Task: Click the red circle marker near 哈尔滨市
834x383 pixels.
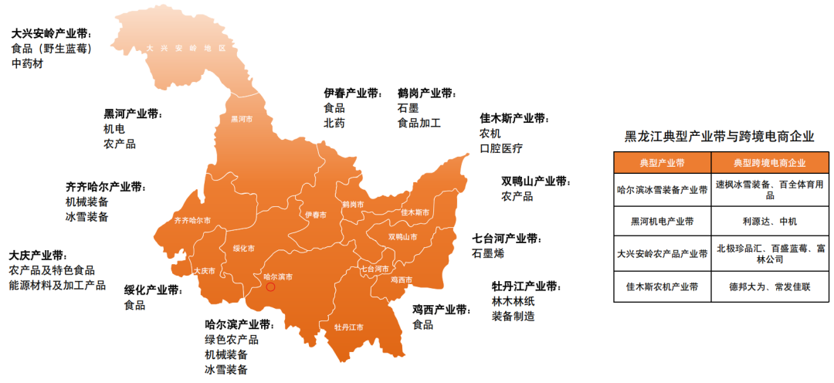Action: pos(270,287)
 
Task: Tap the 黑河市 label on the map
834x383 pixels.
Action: pos(242,120)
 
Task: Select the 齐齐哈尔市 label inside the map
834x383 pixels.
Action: pos(192,221)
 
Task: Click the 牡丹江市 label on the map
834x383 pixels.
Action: pos(348,327)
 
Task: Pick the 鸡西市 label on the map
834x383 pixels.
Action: pos(402,280)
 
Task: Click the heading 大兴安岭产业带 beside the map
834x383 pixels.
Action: pos(51,34)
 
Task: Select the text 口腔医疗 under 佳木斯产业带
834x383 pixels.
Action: pos(501,148)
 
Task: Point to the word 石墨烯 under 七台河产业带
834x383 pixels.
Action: pos(488,253)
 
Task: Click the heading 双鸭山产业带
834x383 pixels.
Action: pos(534,181)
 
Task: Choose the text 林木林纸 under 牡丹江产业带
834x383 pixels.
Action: pos(513,301)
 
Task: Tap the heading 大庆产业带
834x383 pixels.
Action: pos(38,255)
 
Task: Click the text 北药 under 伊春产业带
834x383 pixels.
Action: pos(334,123)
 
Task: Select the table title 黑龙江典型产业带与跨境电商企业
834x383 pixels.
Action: pos(719,137)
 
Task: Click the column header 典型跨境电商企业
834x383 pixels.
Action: pos(769,163)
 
